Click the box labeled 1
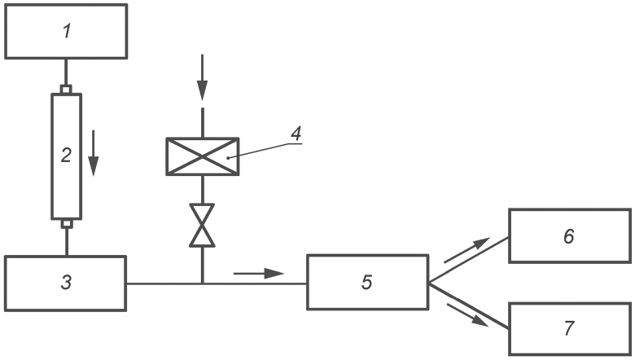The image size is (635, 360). (66, 31)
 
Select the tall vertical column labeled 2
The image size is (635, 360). (67, 156)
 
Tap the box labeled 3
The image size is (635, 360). (66, 283)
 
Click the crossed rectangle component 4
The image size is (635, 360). (203, 156)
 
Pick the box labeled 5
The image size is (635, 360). (367, 283)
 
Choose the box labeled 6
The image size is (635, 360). (569, 236)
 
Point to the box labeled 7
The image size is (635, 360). (569, 328)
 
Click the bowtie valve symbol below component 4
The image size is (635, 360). (202, 225)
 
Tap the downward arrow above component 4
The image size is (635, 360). (202, 77)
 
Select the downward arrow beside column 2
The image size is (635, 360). (94, 153)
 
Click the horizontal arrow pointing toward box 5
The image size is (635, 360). (259, 274)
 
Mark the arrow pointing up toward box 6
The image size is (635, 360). (467, 250)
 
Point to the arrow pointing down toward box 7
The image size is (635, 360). (467, 314)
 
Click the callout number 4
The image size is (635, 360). (297, 133)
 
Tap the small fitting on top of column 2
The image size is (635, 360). (66, 89)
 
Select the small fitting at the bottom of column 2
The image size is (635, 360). (67, 224)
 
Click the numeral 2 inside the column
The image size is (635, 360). (66, 155)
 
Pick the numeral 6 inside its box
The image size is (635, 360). (569, 236)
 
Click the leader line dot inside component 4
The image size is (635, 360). (228, 157)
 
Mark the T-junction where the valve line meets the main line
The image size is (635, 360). (202, 283)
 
